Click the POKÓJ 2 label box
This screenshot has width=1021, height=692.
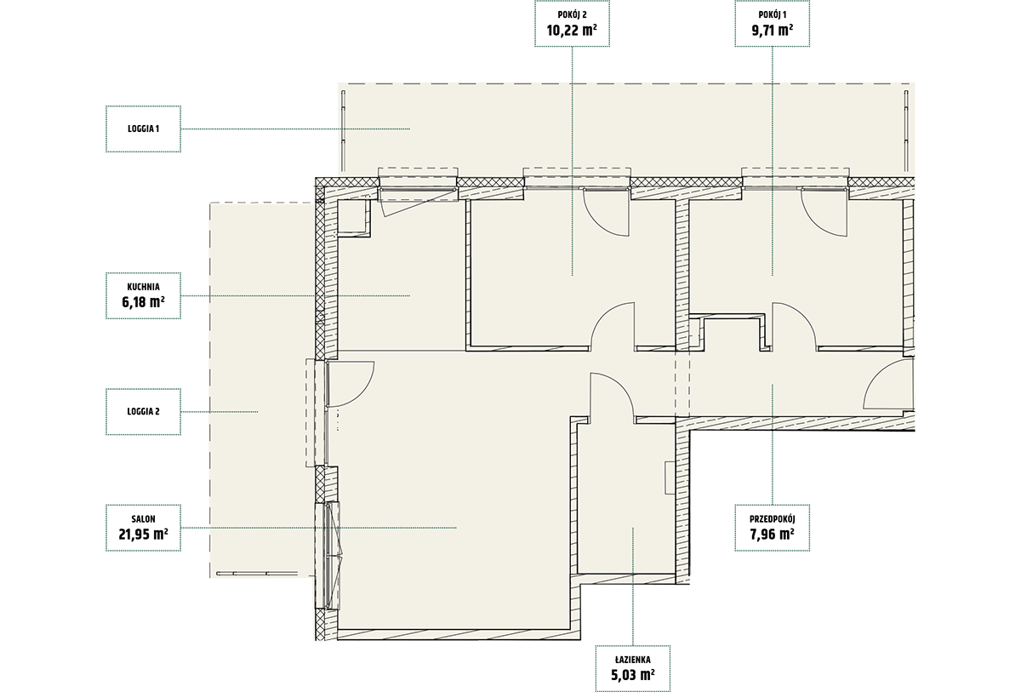572,23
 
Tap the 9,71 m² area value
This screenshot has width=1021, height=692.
773,31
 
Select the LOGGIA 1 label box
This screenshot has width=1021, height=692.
143,129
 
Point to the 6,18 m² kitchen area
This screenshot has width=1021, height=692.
143,302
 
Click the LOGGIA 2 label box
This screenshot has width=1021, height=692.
143,412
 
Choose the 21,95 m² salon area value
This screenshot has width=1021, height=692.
143,534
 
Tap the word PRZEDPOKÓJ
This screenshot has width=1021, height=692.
773,519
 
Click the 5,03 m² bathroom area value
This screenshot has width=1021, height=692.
633,675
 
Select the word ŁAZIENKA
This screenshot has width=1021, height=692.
633,660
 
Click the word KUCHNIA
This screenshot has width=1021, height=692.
143,287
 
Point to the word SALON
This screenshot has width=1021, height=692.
143,519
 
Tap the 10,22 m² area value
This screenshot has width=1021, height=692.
572,31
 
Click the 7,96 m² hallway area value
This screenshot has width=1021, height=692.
773,534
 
